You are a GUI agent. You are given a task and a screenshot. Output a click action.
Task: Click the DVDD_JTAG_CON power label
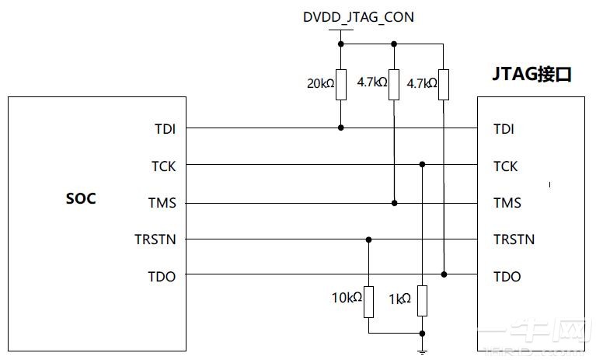point(357,16)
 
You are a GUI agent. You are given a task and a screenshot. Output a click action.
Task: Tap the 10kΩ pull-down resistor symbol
point(369,302)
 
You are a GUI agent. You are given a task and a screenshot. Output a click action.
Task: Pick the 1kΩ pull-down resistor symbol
point(422,301)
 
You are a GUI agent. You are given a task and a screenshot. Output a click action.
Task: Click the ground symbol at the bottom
point(422,351)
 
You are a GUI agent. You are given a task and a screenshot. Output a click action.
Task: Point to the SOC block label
point(81,198)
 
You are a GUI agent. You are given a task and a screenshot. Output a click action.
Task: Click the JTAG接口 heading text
point(532,75)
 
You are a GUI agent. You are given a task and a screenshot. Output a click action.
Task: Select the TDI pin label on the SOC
point(165,128)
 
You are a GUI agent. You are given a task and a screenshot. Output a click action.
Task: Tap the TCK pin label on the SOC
point(164,166)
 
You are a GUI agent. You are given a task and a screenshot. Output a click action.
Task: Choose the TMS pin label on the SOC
point(162,203)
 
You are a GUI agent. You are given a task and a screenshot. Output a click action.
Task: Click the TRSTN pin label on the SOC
point(155,239)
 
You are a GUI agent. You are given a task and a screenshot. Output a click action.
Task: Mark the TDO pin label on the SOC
point(162,276)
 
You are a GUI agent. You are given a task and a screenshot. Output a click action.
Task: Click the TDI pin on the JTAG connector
point(504,128)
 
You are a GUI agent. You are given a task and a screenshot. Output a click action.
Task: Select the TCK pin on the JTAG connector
point(505,166)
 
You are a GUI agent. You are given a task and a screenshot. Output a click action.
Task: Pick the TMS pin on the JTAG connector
point(507,203)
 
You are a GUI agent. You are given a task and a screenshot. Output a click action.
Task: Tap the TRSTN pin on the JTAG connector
point(514,239)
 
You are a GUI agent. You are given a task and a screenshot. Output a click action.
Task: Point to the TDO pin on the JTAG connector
point(507,276)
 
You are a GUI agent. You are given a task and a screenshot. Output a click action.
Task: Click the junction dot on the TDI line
point(341,128)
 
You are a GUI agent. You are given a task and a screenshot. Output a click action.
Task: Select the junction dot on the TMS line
point(395,203)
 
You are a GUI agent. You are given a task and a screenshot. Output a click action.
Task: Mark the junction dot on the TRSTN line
point(369,239)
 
